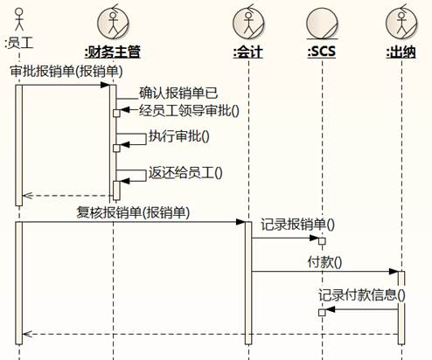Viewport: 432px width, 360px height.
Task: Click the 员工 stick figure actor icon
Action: pyautogui.click(x=19, y=19)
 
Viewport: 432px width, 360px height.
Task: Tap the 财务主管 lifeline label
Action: pyautogui.click(x=113, y=52)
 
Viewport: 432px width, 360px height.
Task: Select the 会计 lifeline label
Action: pyautogui.click(x=248, y=52)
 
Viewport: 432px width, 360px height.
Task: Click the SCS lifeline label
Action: pyautogui.click(x=322, y=52)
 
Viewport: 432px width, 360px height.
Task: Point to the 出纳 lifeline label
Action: pyautogui.click(x=401, y=52)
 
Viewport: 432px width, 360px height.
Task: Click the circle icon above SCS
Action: pyautogui.click(x=322, y=24)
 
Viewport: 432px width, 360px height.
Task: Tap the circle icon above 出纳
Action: pyautogui.click(x=401, y=23)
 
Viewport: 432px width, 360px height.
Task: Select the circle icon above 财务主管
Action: pyautogui.click(x=113, y=23)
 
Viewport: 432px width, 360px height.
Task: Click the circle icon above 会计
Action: pyautogui.click(x=248, y=23)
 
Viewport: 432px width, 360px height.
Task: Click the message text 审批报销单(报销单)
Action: pyautogui.click(x=66, y=72)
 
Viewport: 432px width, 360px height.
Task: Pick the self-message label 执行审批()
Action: pyautogui.click(x=179, y=136)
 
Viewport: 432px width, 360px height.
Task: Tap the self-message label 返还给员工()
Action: pyautogui.click(x=185, y=173)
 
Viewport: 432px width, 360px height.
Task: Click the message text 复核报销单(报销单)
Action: pyautogui.click(x=133, y=212)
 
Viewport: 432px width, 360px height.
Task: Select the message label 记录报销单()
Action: pyautogui.click(x=297, y=225)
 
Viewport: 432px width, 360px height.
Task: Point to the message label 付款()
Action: pyautogui.click(x=324, y=262)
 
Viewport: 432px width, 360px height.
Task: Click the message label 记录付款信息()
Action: pyautogui.click(x=361, y=295)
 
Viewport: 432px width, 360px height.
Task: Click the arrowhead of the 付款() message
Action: pyautogui.click(x=394, y=272)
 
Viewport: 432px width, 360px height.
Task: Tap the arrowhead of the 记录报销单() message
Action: pyautogui.click(x=314, y=239)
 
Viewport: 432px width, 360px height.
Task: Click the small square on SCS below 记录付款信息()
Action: pyautogui.click(x=322, y=313)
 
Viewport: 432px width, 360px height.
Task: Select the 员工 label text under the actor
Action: pyautogui.click(x=19, y=43)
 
